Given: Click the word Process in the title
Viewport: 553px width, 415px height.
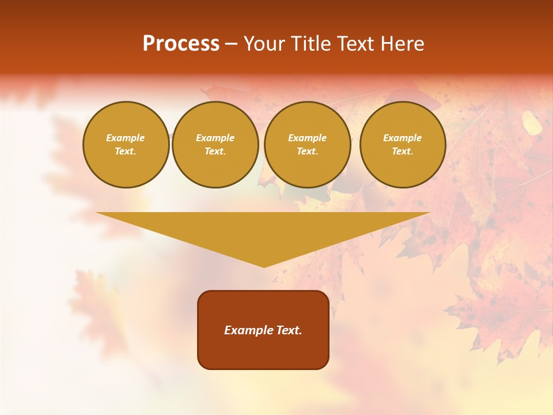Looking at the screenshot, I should tap(181, 44).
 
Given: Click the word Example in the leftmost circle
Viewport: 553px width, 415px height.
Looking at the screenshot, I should tap(126, 138).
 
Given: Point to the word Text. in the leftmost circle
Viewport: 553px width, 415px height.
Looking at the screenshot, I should tap(126, 151).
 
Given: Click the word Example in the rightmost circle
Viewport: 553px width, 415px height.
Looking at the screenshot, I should tap(402, 138).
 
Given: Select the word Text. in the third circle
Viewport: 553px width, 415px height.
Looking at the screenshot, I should tap(307, 151).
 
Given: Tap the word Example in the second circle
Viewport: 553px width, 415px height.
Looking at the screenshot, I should tap(215, 138).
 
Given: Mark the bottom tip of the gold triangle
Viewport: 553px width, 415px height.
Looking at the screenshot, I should tap(264, 266).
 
